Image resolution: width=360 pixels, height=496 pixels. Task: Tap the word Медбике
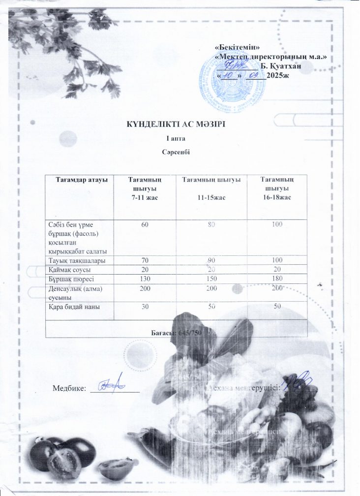tap(69, 387)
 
